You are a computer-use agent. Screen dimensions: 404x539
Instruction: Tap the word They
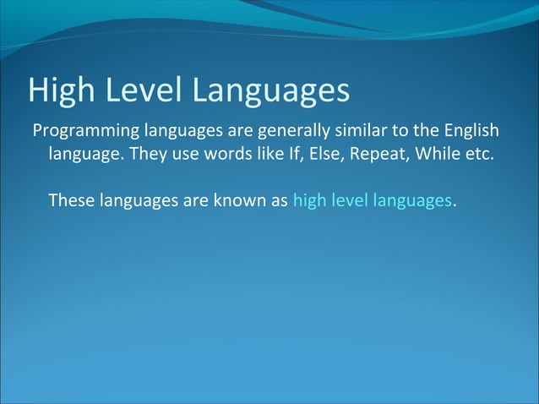pyautogui.click(x=145, y=156)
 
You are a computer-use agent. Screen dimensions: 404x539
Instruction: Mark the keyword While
pyautogui.click(x=432, y=156)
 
